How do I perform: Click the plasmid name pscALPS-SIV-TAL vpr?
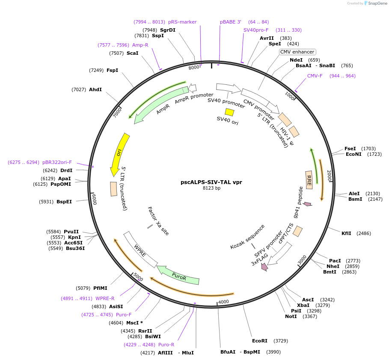coord(211,182)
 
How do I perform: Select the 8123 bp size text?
coord(211,188)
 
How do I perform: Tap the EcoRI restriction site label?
coord(259,341)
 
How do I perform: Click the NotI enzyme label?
coord(291,316)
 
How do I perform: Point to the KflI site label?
coord(346,233)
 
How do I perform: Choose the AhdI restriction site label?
coord(95,89)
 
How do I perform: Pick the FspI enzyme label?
coord(112,70)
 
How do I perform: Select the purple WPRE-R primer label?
coord(105,298)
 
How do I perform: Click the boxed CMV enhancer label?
coord(297,52)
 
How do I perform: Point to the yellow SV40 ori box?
coord(229,112)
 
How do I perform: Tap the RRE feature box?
coord(309,179)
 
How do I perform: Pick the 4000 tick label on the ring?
coord(224,302)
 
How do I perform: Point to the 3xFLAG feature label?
coord(259,261)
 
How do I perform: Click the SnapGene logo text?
coord(377,3)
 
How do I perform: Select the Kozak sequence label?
coord(247,237)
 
